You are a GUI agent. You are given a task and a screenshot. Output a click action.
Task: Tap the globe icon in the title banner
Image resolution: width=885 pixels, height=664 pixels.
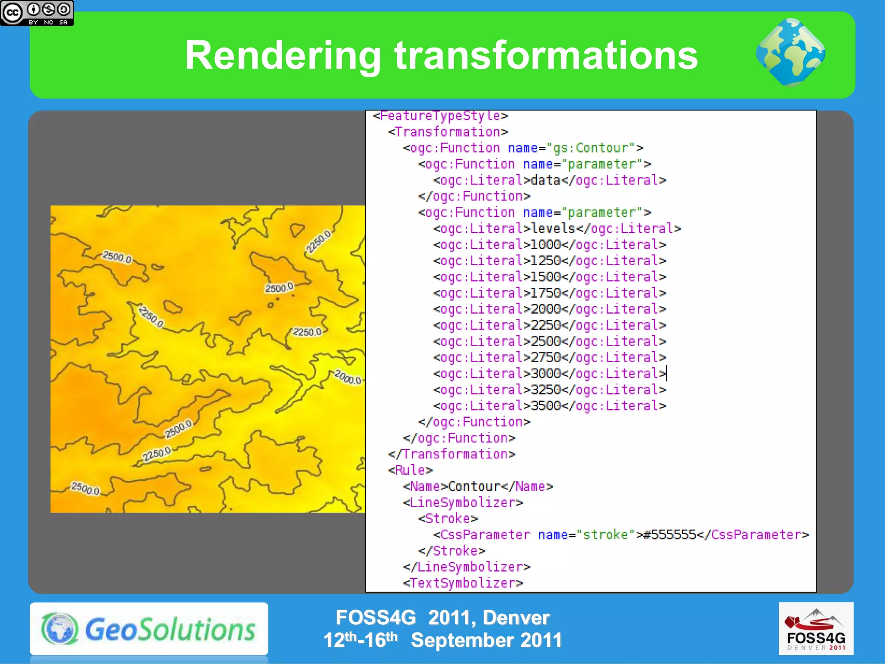[x=790, y=53]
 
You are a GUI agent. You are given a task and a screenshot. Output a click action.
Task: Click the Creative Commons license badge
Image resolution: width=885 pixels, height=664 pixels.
[x=37, y=13]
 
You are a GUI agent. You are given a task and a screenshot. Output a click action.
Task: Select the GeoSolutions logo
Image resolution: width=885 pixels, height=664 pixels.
[x=149, y=629]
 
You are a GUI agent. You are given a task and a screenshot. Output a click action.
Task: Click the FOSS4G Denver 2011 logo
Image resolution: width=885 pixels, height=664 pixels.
[x=815, y=629]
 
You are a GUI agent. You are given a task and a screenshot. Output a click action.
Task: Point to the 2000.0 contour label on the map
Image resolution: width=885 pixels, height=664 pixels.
[x=348, y=378]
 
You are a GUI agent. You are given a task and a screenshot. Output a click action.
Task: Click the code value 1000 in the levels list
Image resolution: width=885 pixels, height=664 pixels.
[x=545, y=245]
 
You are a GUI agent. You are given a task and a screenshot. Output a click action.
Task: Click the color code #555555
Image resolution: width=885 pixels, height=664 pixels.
[x=669, y=535]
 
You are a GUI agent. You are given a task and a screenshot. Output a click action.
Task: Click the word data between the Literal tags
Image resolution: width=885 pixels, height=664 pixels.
[x=545, y=180]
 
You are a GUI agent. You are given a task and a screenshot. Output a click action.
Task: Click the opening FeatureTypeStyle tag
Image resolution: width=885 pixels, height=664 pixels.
[x=440, y=116]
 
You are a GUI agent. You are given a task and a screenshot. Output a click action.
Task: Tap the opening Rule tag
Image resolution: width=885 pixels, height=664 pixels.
[x=410, y=470]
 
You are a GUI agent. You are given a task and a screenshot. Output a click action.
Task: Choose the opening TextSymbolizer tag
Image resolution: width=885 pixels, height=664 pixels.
[x=463, y=583]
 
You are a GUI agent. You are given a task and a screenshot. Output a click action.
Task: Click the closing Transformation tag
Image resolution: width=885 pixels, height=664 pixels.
[x=452, y=454]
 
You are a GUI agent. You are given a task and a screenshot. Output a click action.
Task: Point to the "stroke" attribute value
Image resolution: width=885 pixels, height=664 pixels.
[x=605, y=535]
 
